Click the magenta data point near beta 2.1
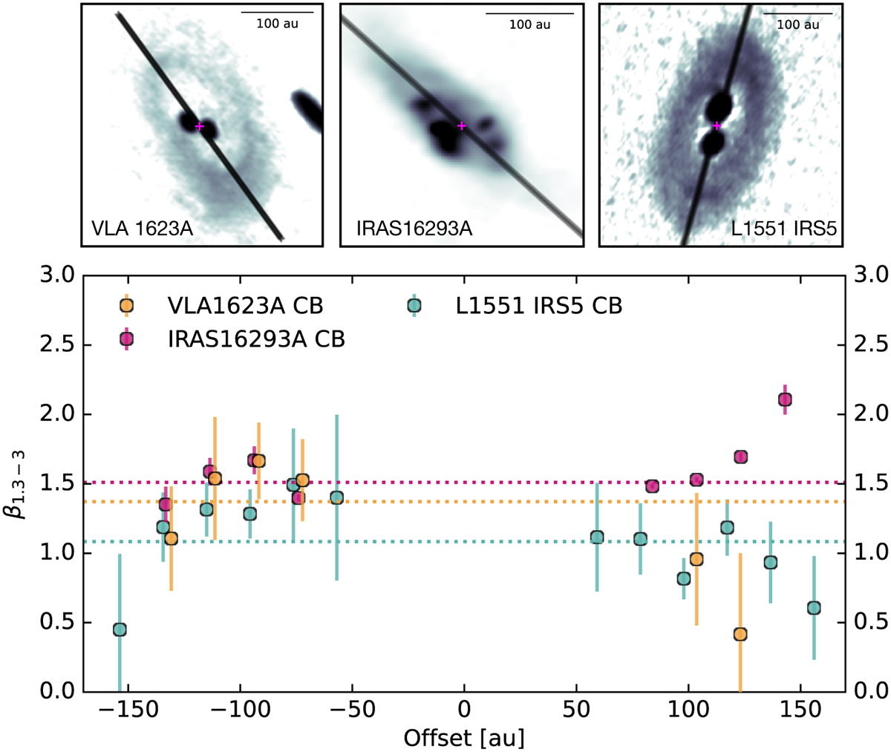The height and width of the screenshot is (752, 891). pyautogui.click(x=785, y=399)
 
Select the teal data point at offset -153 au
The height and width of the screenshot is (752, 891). pyautogui.click(x=120, y=630)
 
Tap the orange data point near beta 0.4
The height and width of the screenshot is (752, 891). pyautogui.click(x=740, y=634)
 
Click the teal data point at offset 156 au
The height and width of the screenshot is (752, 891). pyautogui.click(x=814, y=608)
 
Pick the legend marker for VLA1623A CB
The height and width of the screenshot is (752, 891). pyautogui.click(x=127, y=305)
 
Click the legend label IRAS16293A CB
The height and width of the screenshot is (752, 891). pyautogui.click(x=256, y=339)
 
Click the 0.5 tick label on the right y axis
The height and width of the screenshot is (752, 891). pyautogui.click(x=871, y=623)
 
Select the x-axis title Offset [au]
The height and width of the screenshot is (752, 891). pyautogui.click(x=464, y=738)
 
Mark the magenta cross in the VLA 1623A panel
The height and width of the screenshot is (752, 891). pyautogui.click(x=199, y=126)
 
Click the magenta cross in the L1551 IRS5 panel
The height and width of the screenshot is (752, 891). pyautogui.click(x=717, y=125)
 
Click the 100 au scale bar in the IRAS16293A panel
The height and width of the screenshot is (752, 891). pyautogui.click(x=529, y=13)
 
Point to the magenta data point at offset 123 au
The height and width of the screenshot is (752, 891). pyautogui.click(x=740, y=457)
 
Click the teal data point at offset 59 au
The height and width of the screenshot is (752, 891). pyautogui.click(x=597, y=537)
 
